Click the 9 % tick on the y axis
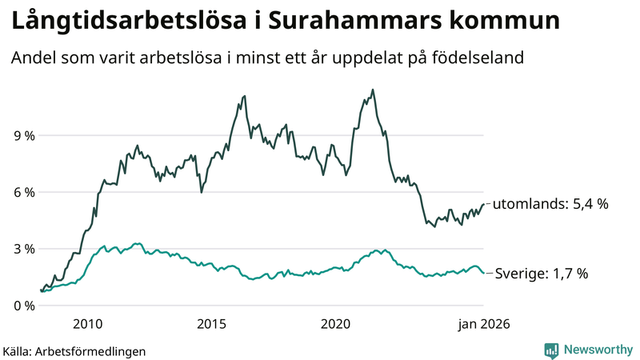[x=23, y=135]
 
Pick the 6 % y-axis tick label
[x=23, y=192]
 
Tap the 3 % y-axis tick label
[x=23, y=249]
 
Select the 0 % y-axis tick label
[x=23, y=306]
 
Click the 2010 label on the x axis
[x=87, y=324]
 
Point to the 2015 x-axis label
[x=211, y=324]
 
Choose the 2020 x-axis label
[x=335, y=324]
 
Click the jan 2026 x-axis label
[x=483, y=324]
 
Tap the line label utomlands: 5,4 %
[x=550, y=204]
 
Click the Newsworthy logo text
[x=598, y=350]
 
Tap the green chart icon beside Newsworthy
[x=551, y=350]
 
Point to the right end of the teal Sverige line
[x=483, y=274]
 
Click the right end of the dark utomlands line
[x=483, y=204]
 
